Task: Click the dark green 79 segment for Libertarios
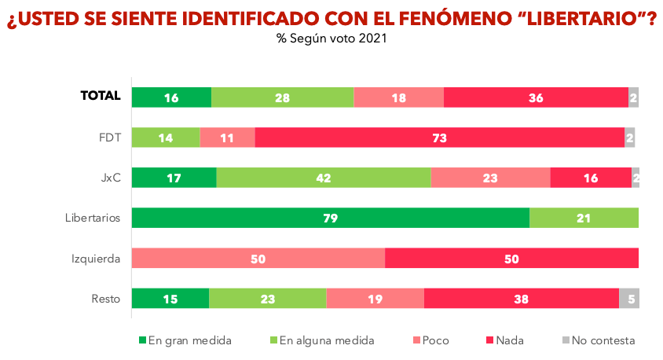click(x=330, y=218)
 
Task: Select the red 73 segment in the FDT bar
click(x=439, y=138)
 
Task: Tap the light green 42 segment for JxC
click(x=324, y=178)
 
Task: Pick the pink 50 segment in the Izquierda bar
click(x=258, y=258)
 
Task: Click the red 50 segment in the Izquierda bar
click(x=511, y=258)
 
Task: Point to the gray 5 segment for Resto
click(x=629, y=299)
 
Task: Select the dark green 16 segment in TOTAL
click(x=171, y=97)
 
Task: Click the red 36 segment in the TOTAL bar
click(x=536, y=97)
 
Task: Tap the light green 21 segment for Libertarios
click(x=584, y=218)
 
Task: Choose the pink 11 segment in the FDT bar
click(x=227, y=138)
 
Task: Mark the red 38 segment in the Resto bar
click(x=522, y=299)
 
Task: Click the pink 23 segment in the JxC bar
click(x=490, y=178)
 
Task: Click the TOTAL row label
click(x=101, y=96)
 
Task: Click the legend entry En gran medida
click(x=185, y=340)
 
